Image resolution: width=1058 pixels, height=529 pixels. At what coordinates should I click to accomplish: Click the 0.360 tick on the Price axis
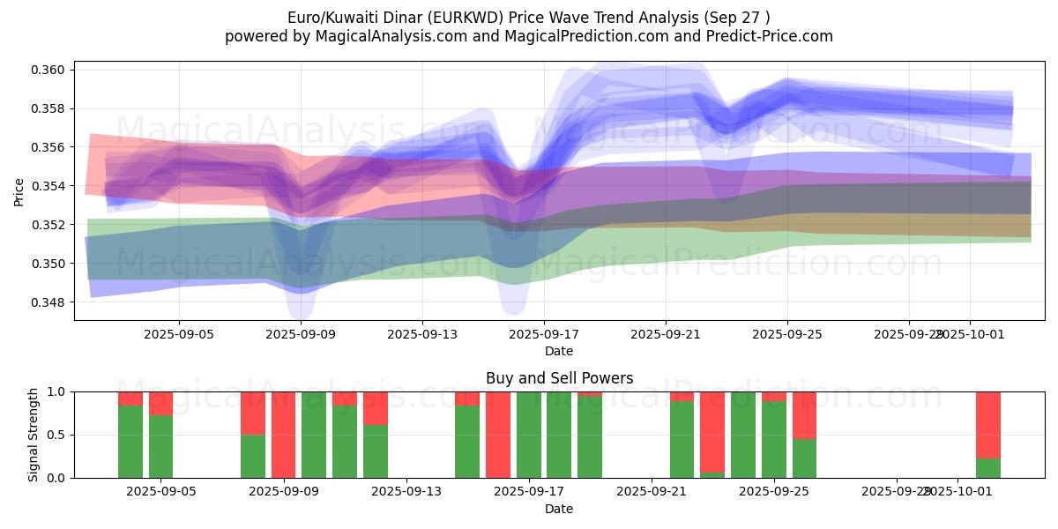point(51,70)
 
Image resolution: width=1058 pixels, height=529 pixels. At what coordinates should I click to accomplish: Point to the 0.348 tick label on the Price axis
point(51,302)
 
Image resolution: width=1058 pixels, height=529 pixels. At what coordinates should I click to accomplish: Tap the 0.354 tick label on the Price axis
point(51,186)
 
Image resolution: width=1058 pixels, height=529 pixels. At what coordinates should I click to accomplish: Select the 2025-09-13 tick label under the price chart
point(421,334)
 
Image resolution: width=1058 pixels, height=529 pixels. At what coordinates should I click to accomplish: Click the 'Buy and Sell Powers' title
point(559,378)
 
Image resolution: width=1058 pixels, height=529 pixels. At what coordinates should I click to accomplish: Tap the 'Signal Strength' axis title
point(34,435)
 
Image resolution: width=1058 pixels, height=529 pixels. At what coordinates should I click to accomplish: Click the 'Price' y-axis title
point(19,190)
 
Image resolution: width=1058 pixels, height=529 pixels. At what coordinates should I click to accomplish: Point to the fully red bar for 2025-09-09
point(283,435)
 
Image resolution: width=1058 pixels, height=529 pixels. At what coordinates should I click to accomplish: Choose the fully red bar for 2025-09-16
point(498,435)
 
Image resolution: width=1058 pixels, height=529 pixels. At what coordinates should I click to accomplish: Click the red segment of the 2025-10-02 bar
point(987,423)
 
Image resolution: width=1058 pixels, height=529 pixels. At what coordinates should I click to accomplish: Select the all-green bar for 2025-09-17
point(529,435)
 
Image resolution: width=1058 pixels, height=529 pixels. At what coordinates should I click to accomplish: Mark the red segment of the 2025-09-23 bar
point(712,431)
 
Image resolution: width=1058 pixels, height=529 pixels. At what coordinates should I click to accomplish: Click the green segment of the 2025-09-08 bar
point(253,456)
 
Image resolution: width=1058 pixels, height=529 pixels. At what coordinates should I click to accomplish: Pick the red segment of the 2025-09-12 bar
point(376,407)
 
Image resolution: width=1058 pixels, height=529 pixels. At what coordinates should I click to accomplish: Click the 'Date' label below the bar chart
point(559,509)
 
